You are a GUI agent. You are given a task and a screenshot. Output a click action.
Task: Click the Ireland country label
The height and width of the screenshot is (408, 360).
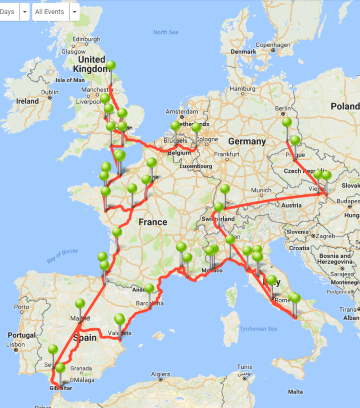tap(27, 101)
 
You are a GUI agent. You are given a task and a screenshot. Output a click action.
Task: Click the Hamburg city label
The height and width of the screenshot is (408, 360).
tap(238, 87)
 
